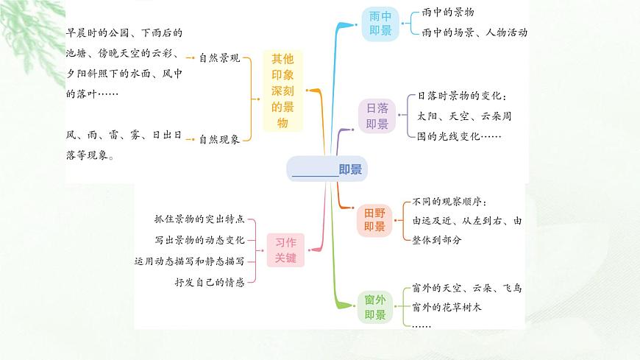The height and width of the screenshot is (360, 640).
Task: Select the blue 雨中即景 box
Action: coord(380,24)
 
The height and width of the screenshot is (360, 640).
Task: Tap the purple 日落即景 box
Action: coord(377,116)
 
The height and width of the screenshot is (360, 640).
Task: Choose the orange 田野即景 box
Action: coord(375,219)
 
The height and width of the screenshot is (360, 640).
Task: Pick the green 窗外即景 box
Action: coord(375,307)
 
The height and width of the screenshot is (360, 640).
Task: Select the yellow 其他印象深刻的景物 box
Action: coord(282,91)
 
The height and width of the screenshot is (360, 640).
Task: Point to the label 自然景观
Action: coord(219,57)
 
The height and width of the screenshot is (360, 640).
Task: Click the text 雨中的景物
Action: coord(448,13)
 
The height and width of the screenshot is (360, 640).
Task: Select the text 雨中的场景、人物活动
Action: coord(474,32)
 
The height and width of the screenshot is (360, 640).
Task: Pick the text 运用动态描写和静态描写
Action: coord(190,261)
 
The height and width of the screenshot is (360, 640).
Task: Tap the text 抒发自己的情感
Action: coord(210,281)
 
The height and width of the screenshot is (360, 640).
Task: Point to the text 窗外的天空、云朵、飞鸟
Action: coord(467,289)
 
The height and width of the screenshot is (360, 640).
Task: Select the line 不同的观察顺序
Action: coord(449,202)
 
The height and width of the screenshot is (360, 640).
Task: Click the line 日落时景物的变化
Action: coord(462,96)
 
